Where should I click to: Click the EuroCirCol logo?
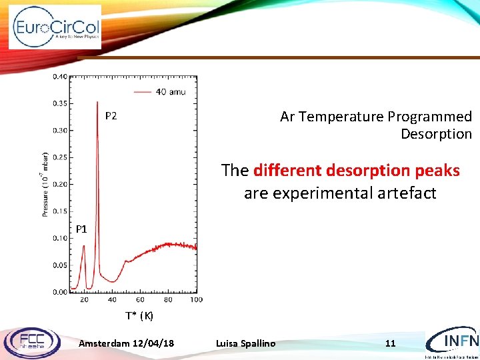click(55, 27)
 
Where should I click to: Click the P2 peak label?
click(111, 116)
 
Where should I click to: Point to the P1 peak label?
click(81, 229)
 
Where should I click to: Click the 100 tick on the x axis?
click(196, 300)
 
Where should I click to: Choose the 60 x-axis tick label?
click(140, 300)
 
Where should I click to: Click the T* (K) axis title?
click(139, 315)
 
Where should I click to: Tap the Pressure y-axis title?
click(45, 184)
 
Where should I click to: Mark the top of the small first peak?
click(84, 245)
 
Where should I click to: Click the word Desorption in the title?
click(436, 134)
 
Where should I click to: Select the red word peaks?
click(437, 171)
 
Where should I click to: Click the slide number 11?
click(391, 343)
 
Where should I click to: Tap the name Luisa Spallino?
click(245, 343)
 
